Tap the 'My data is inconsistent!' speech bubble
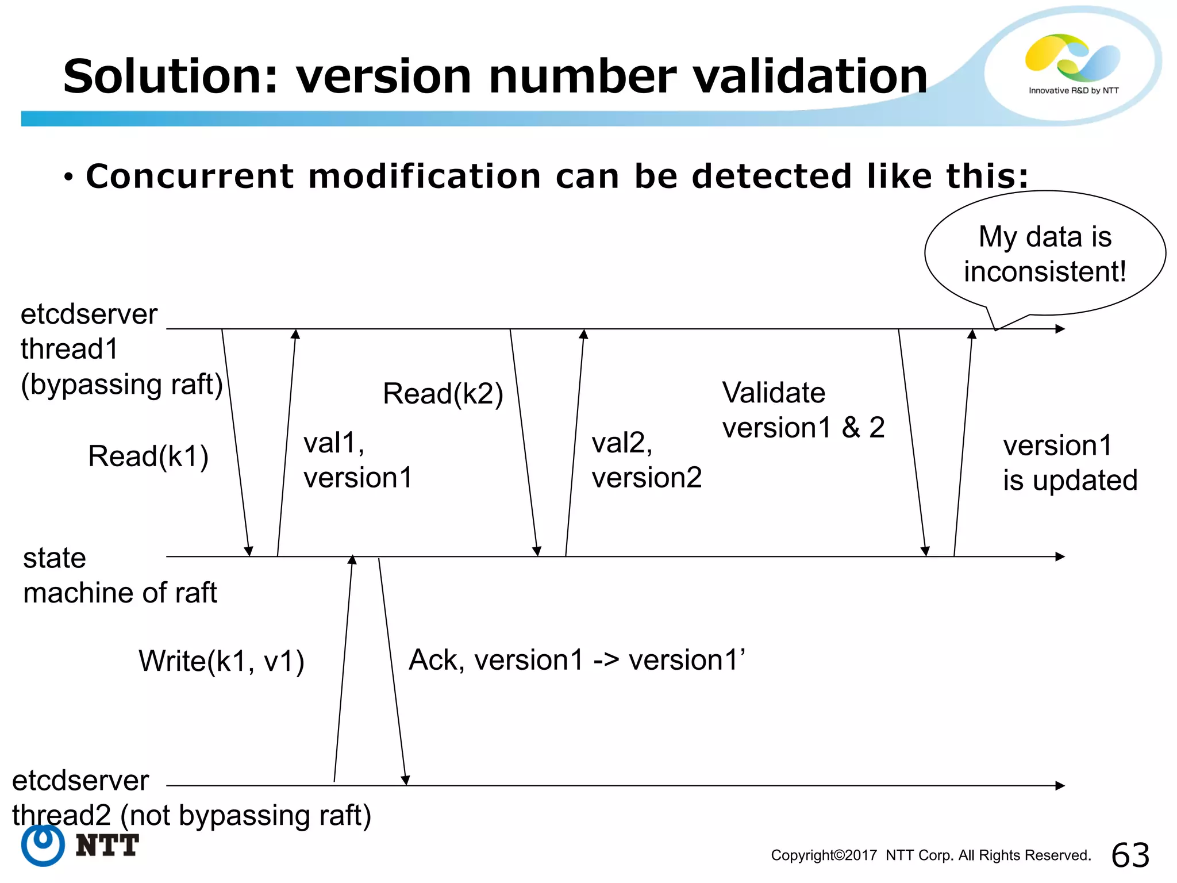coord(1044,254)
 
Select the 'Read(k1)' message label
coord(148,456)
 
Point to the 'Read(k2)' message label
coord(443,394)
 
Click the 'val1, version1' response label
coord(357,460)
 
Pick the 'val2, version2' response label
coord(646,460)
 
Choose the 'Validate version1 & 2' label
coord(803,410)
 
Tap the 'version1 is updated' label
coord(1070,463)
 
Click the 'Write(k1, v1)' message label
coord(221,661)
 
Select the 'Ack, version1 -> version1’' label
coord(576,660)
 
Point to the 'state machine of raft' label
coord(120,575)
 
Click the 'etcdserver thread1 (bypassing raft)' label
coord(121,350)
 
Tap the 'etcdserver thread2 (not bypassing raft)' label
coord(191,798)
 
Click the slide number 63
coord(1130,855)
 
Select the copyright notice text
coord(930,855)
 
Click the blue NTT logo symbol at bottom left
coord(43,845)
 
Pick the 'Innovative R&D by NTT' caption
coord(1074,90)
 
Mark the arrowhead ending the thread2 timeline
coord(1060,785)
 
